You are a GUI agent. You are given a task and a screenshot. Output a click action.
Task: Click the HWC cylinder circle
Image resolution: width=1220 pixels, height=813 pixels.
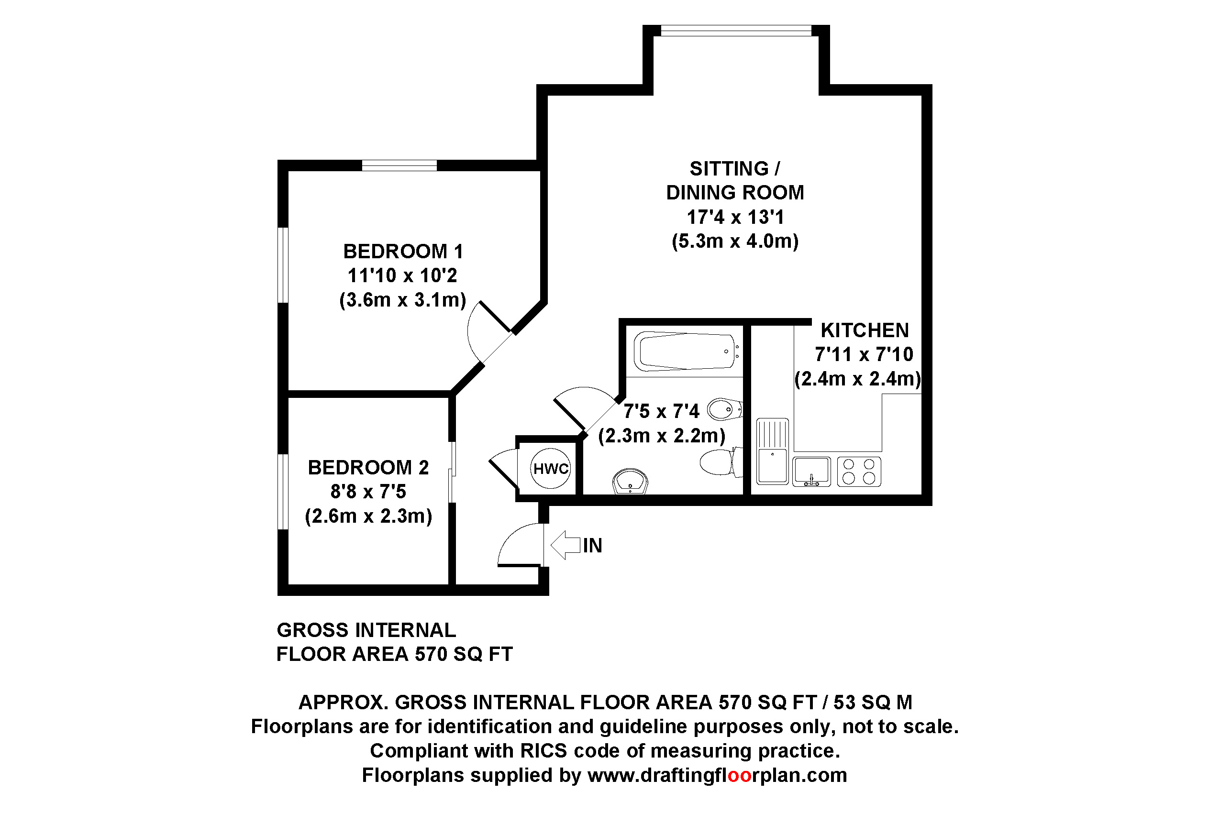[550, 468]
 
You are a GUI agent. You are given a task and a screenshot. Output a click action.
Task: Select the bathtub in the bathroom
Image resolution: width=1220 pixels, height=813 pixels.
[686, 351]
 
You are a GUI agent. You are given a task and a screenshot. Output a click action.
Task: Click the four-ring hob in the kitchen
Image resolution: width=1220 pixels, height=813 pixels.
[859, 472]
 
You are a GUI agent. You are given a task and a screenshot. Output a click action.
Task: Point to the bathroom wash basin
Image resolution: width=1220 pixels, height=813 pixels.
[630, 482]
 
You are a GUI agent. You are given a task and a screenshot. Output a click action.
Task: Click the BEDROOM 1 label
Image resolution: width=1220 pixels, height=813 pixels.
[402, 252]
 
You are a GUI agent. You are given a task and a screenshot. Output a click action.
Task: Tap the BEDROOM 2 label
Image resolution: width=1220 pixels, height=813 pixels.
[368, 468]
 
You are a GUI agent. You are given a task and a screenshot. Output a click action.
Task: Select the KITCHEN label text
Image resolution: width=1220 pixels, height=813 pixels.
[865, 330]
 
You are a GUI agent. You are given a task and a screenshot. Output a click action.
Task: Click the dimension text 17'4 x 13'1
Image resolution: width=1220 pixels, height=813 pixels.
[735, 217]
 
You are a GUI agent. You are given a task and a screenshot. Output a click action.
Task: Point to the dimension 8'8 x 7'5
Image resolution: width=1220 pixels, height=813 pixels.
[368, 492]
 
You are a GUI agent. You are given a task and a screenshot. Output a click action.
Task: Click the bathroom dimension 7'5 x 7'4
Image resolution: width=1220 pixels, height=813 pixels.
[661, 412]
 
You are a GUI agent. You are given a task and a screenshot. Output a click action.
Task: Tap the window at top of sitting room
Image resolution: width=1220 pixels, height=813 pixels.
[735, 31]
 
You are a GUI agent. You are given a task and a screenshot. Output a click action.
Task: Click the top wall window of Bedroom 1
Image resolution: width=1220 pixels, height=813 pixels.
[399, 165]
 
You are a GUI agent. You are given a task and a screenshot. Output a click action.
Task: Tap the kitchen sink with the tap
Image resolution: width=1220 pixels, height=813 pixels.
[811, 472]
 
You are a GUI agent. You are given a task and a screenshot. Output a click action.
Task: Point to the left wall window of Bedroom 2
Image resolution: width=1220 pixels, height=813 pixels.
[283, 492]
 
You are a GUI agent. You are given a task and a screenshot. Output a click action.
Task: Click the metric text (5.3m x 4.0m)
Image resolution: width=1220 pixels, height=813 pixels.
[735, 241]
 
